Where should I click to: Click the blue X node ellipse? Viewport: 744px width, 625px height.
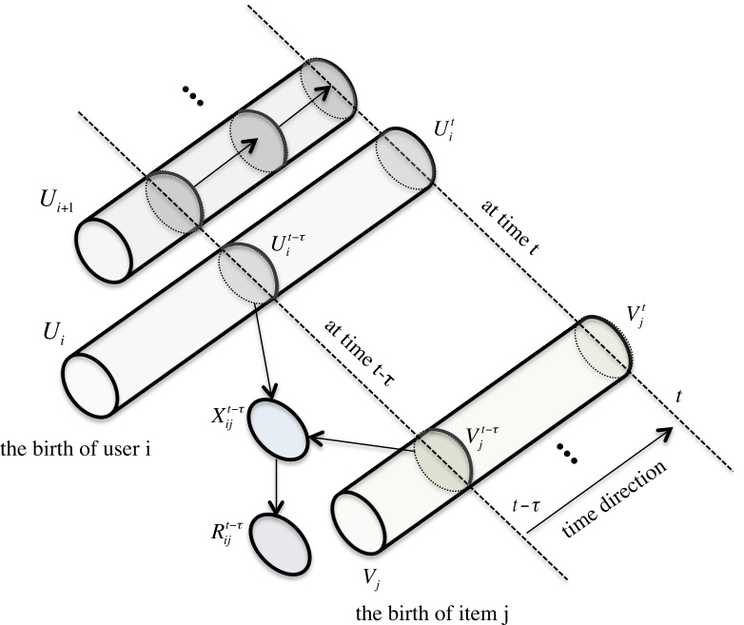[277, 434]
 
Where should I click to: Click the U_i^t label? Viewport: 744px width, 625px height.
[444, 127]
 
